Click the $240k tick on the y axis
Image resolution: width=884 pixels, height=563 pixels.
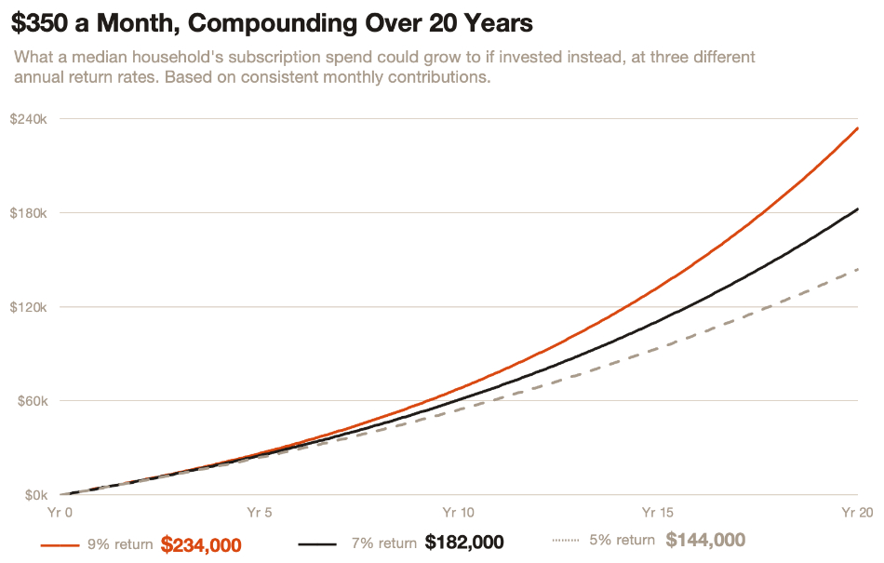tap(28, 119)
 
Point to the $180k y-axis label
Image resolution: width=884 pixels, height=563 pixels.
tap(28, 213)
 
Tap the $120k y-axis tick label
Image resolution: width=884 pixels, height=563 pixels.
tap(28, 307)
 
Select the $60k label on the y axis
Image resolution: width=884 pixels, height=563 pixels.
tap(30, 401)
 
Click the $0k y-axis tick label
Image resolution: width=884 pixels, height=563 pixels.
tap(33, 495)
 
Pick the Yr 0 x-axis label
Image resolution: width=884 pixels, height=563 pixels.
tap(60, 513)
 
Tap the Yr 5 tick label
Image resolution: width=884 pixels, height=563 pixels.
tap(260, 513)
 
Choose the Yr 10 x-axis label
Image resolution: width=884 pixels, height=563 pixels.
tap(459, 513)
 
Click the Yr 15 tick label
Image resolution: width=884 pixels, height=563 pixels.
tap(658, 513)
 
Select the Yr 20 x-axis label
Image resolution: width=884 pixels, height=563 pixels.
tap(856, 513)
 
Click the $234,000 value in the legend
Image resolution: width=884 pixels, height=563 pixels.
tap(201, 543)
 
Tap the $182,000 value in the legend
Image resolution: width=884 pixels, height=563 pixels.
tap(464, 543)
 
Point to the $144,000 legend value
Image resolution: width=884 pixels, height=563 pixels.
tap(705, 541)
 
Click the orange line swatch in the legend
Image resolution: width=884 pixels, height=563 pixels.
tap(60, 543)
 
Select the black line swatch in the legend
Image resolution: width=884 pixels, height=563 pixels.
tap(315, 543)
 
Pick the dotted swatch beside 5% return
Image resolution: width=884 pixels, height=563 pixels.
tap(566, 541)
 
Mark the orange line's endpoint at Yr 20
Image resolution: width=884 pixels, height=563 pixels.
tap(857, 128)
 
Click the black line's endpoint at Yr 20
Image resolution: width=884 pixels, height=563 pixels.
tap(857, 209)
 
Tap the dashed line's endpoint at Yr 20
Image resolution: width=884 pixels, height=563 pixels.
tap(857, 269)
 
